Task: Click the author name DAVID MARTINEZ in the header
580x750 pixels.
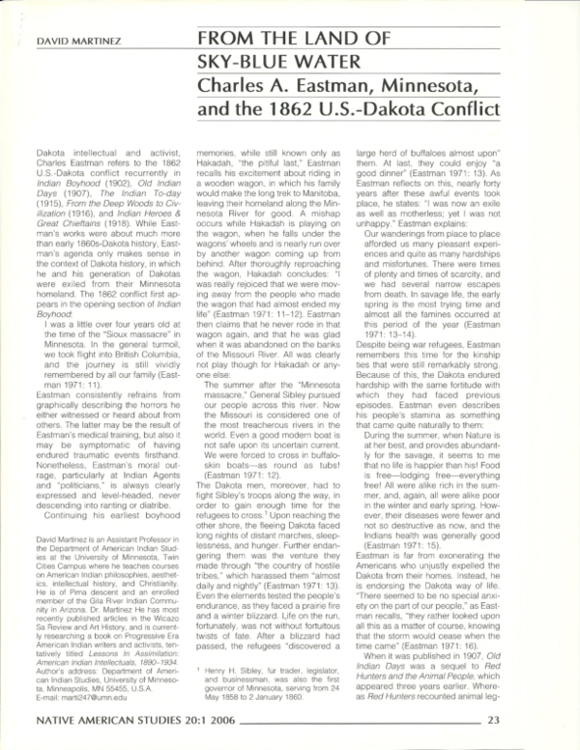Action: [x=71, y=43]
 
